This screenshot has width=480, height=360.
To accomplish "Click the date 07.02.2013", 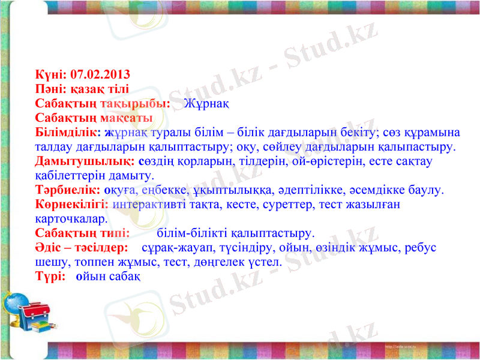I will click(100, 75).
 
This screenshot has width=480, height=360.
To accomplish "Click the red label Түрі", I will click(50, 276).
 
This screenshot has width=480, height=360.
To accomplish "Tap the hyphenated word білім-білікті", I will click(193, 233).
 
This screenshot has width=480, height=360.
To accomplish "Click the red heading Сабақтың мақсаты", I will click(94, 118).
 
